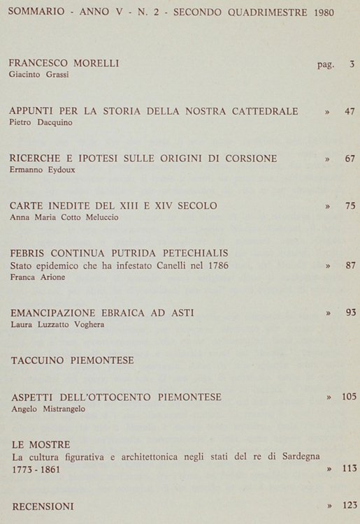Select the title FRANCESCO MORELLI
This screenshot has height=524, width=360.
[64, 64]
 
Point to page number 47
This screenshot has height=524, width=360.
[350, 111]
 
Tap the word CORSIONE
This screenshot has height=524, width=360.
[247, 159]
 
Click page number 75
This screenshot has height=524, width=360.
[350, 205]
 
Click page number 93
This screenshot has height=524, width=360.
[350, 312]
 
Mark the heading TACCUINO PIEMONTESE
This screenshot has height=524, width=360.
[73, 361]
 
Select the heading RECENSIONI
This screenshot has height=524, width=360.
[43, 505]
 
